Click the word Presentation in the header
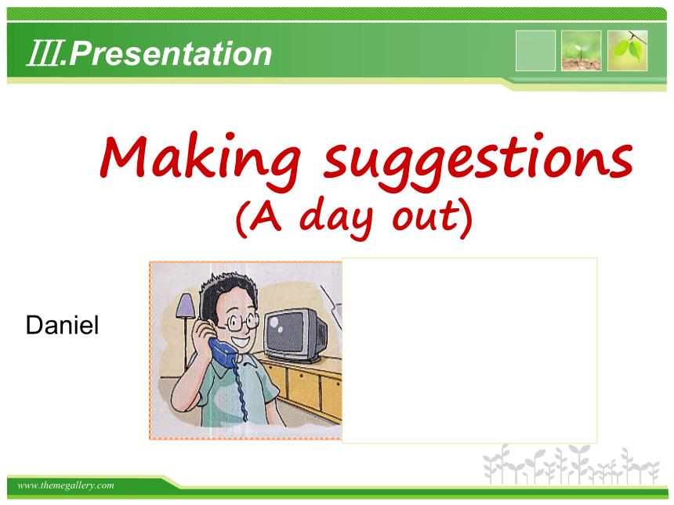pyautogui.click(x=170, y=54)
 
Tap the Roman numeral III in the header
pyautogui.click(x=43, y=53)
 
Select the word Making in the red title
pyautogui.click(x=201, y=160)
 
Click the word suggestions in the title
pyautogui.click(x=478, y=161)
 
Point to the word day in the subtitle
pyautogui.click(x=336, y=217)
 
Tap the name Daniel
pyautogui.click(x=63, y=325)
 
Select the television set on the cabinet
pyautogui.click(x=295, y=336)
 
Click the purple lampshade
pyautogui.click(x=186, y=306)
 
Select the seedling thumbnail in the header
pyautogui.click(x=582, y=51)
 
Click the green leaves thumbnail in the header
pyautogui.click(x=627, y=51)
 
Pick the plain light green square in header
pyautogui.click(x=535, y=51)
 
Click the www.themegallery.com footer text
pyautogui.click(x=66, y=485)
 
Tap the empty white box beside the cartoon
pyautogui.click(x=469, y=351)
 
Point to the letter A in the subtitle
pyautogui.click(x=266, y=215)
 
